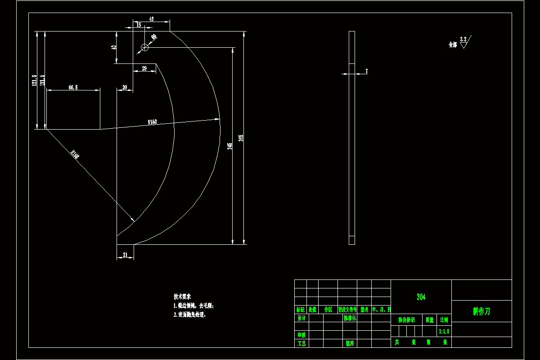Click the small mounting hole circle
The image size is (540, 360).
click(144, 47)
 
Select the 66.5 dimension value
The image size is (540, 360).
click(73, 88)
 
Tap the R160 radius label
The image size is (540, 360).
click(153, 122)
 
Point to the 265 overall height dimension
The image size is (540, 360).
click(241, 138)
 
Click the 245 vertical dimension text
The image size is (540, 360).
click(229, 146)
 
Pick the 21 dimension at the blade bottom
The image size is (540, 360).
click(126, 255)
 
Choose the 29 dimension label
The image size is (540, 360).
click(144, 68)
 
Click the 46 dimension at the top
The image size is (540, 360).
click(151, 19)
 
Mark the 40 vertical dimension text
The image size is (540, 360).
click(114, 47)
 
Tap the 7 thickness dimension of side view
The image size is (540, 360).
click(367, 71)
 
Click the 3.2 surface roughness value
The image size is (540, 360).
click(463, 40)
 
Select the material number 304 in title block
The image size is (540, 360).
click(421, 297)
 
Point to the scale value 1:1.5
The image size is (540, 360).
click(444, 332)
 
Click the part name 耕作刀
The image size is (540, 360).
click(481, 311)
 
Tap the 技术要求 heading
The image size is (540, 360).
click(182, 297)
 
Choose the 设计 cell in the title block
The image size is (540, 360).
click(301, 318)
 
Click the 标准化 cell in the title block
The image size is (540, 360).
click(350, 318)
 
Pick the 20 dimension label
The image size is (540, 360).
click(125, 88)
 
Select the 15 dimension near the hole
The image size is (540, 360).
click(139, 25)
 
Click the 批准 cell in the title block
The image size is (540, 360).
click(350, 343)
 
